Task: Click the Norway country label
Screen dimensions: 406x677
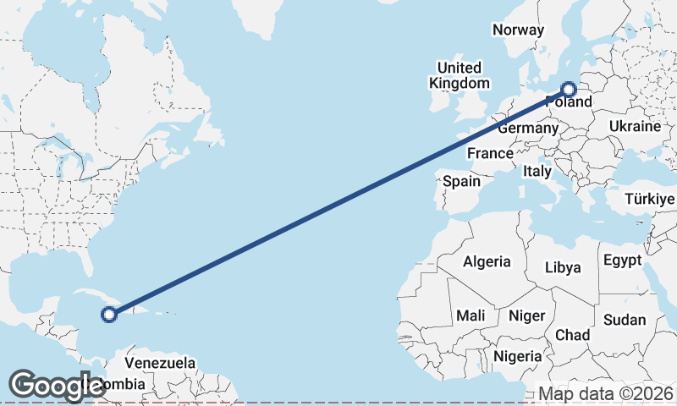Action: pyautogui.click(x=518, y=30)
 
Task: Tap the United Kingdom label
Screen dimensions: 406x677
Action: pyautogui.click(x=460, y=75)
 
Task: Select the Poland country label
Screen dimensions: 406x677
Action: pyautogui.click(x=569, y=102)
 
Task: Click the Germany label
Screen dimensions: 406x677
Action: pyautogui.click(x=528, y=129)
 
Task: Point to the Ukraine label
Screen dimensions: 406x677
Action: pyautogui.click(x=634, y=126)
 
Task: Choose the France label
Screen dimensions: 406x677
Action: pyautogui.click(x=491, y=153)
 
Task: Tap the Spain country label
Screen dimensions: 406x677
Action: pyautogui.click(x=461, y=181)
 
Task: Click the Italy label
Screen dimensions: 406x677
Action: pyautogui.click(x=537, y=171)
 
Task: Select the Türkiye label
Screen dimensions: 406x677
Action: pyautogui.click(x=650, y=199)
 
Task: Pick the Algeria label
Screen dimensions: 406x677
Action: pyautogui.click(x=487, y=261)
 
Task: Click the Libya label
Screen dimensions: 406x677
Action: pyautogui.click(x=563, y=267)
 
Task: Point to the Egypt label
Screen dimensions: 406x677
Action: pyautogui.click(x=623, y=261)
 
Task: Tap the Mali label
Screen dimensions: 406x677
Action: pyautogui.click(x=471, y=315)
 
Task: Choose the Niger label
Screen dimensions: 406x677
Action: pyautogui.click(x=526, y=315)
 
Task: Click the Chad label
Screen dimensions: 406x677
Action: pyautogui.click(x=572, y=335)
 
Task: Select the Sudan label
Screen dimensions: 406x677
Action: pyautogui.click(x=625, y=321)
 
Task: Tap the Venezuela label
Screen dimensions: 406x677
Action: pyautogui.click(x=160, y=363)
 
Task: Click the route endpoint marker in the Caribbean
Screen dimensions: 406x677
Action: pyautogui.click(x=108, y=315)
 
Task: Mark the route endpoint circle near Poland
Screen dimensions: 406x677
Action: pyautogui.click(x=569, y=89)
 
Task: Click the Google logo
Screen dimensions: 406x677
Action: pyautogui.click(x=57, y=386)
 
